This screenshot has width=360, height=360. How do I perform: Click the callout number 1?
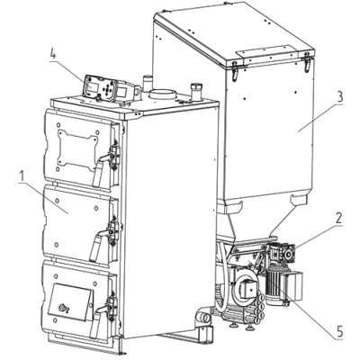coord(22,177)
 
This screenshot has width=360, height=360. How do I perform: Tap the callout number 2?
coord(338,218)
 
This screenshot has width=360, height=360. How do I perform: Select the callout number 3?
coord(339,98)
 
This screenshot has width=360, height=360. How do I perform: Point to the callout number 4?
coord(53,55)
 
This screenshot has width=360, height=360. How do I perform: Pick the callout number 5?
coord(339,332)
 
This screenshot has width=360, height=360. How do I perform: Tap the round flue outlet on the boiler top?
coord(163,94)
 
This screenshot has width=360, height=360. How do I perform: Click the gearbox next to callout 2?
coord(281,254)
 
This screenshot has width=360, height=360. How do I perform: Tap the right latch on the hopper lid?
coord(307,63)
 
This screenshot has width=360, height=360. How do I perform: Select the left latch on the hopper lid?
coord(235,71)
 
